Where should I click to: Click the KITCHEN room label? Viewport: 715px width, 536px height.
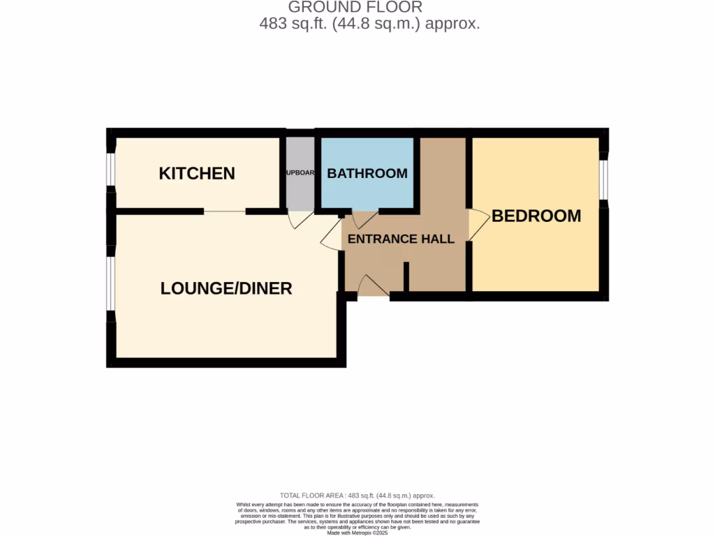(x=197, y=174)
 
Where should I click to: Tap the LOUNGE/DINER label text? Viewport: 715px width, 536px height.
(x=226, y=288)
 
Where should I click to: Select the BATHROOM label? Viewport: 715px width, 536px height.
(x=367, y=174)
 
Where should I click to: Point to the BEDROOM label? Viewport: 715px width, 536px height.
(x=536, y=216)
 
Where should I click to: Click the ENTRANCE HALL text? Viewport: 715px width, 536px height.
(x=401, y=239)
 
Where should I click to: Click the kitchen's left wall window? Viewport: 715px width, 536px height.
(x=110, y=170)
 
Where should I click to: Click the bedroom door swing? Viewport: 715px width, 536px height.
(x=478, y=225)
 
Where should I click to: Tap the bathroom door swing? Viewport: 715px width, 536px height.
(x=364, y=221)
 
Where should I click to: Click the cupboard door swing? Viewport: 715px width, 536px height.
(x=300, y=219)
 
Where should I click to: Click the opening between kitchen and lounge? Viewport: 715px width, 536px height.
(x=225, y=211)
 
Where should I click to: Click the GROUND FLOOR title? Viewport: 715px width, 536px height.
(x=355, y=8)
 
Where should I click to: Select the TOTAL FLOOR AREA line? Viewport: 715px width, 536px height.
(x=357, y=496)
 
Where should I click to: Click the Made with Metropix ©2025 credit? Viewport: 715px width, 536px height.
(x=357, y=533)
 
